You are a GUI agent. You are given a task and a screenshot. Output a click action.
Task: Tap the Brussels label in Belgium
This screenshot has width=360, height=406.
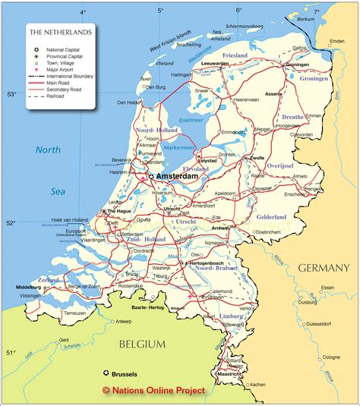tap(125, 374)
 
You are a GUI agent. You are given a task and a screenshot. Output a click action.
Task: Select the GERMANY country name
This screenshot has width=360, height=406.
tap(324, 268)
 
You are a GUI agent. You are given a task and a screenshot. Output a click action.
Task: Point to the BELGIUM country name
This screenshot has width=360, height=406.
tap(141, 344)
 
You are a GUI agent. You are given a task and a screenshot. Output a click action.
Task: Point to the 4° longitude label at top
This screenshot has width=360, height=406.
tap(84, 11)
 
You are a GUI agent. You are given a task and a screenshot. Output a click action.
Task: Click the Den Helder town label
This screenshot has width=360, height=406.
tap(130, 102)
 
